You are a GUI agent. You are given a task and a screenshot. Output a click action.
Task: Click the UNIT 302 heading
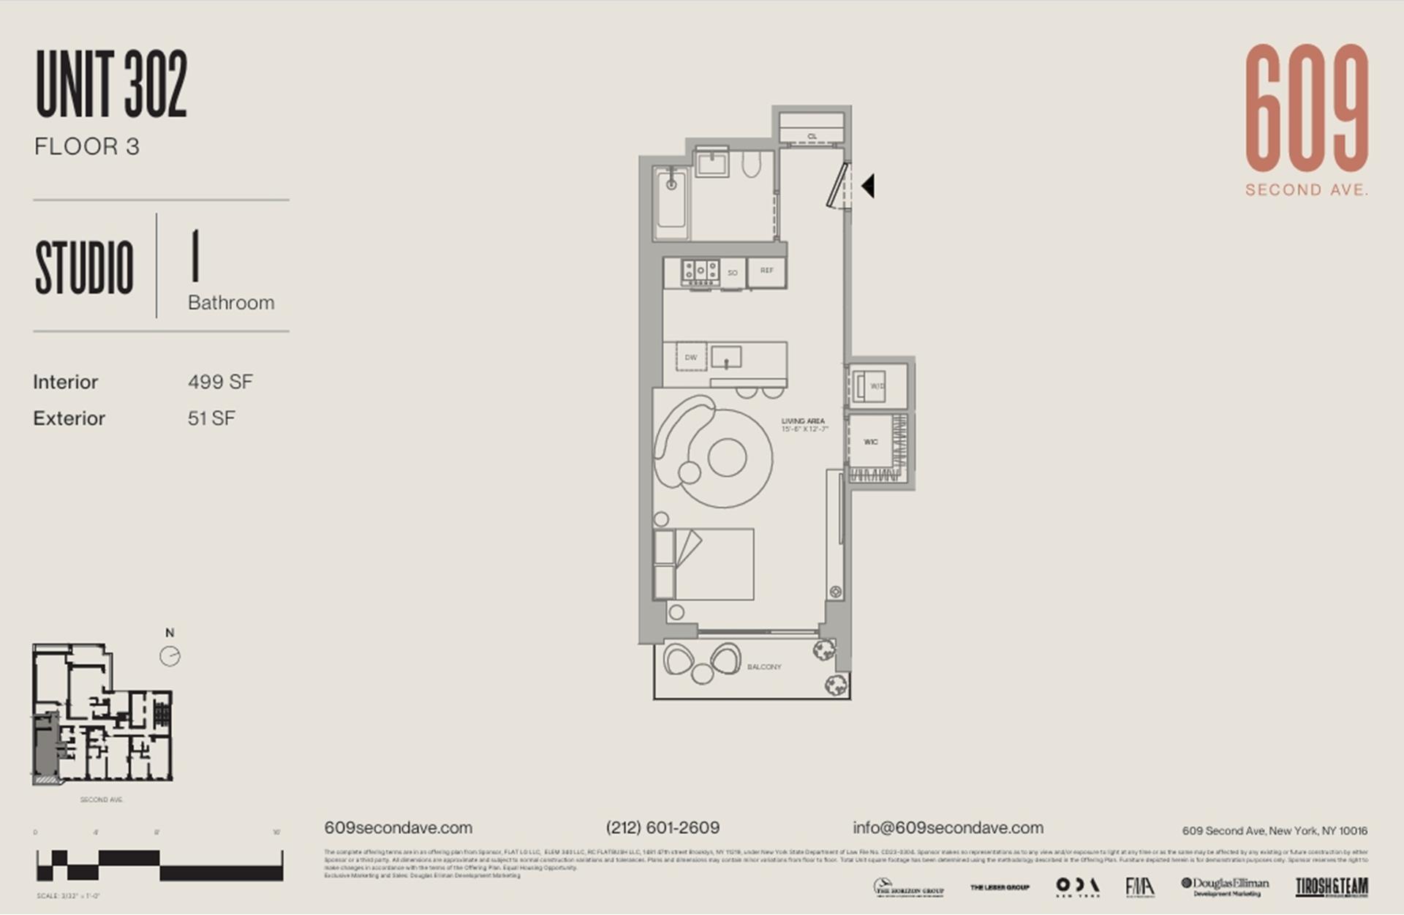111,84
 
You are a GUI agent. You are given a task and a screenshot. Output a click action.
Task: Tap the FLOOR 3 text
86,146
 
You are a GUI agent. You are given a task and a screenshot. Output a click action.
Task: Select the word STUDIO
84,268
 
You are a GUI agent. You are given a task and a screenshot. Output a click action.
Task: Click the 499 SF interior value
220,382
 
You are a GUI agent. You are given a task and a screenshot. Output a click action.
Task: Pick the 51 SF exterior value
211,418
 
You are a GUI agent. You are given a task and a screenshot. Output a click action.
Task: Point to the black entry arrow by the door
868,186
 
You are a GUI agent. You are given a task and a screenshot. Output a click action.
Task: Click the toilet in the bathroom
751,166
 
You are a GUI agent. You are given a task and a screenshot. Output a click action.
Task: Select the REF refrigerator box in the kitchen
766,271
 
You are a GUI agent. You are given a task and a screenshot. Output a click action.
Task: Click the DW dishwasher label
690,358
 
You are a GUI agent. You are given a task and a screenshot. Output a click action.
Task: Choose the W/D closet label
876,385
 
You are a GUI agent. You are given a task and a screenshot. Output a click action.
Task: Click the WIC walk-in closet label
870,442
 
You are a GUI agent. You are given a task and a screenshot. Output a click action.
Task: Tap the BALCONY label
764,667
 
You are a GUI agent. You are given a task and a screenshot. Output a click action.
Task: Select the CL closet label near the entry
812,137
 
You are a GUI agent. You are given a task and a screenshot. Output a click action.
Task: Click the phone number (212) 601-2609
663,827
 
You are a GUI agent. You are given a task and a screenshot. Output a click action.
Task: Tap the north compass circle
170,656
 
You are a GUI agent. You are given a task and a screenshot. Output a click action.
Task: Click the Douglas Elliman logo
1225,886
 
